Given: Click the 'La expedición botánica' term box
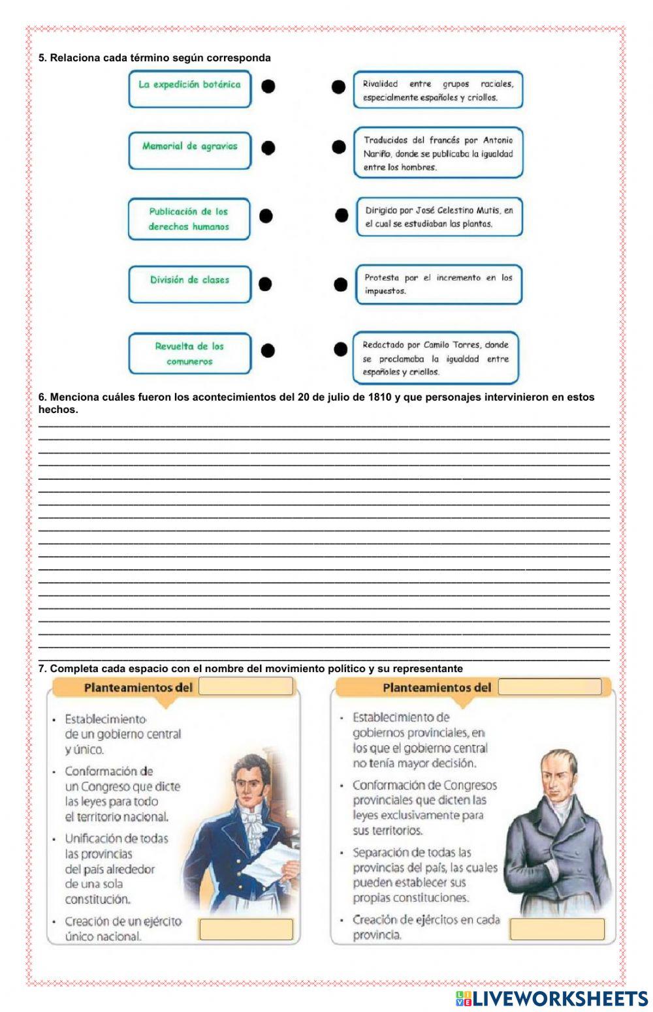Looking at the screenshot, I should point(189,89).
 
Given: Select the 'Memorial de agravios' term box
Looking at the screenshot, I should point(189,150).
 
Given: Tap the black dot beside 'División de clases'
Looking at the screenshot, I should point(265,284).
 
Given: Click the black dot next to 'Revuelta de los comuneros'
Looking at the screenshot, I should point(268,350).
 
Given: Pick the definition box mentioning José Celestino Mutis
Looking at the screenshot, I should point(439,217).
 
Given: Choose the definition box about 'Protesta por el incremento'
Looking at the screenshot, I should point(439,284).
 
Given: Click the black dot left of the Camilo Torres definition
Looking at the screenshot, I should point(340,350).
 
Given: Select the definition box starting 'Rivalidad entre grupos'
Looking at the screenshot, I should point(438,90).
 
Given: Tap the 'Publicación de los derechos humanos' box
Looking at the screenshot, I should point(189,219).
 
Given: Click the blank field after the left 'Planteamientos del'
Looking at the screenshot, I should point(246,686).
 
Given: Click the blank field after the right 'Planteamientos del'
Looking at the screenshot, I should point(549,687).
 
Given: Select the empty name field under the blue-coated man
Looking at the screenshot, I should point(246,929).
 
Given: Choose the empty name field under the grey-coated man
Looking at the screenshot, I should point(557,929).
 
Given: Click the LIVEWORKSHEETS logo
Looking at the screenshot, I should point(551,998).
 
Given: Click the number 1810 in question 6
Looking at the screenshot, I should point(380,397).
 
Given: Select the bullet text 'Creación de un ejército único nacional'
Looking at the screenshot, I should point(123,929).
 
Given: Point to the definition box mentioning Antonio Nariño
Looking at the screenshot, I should point(438,153).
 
